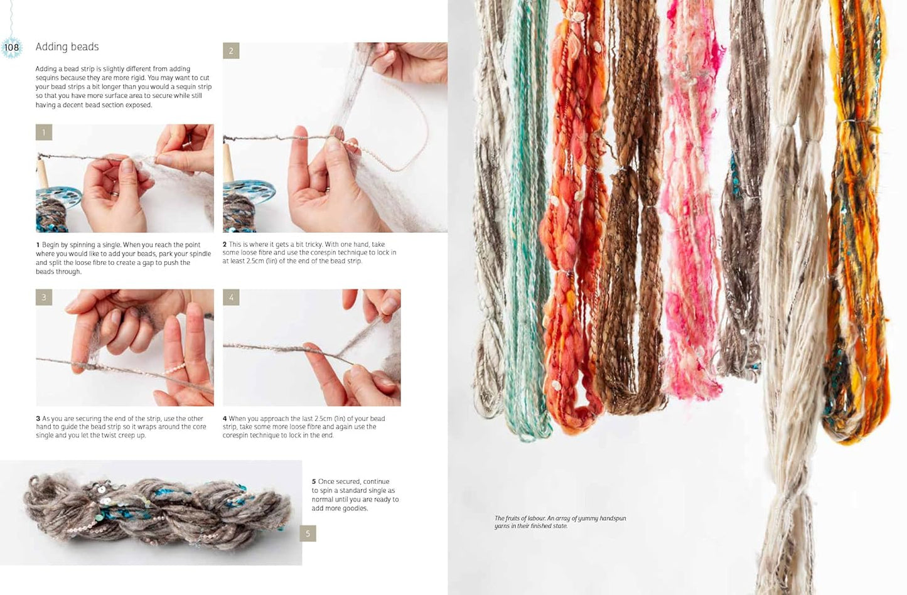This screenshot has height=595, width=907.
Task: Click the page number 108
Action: pos(11,47)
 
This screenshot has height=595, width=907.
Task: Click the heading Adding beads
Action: pos(67,47)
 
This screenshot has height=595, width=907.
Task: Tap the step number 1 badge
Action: pos(44,132)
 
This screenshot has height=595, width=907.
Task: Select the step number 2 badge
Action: pos(231,51)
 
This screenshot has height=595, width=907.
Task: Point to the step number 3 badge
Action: pos(44,297)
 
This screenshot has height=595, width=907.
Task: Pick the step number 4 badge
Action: pos(231,297)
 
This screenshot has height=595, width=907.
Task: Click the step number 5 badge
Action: pos(308,533)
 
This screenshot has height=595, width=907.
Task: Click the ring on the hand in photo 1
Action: pos(115,194)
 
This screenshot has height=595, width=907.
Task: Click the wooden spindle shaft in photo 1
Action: pos(42,174)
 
